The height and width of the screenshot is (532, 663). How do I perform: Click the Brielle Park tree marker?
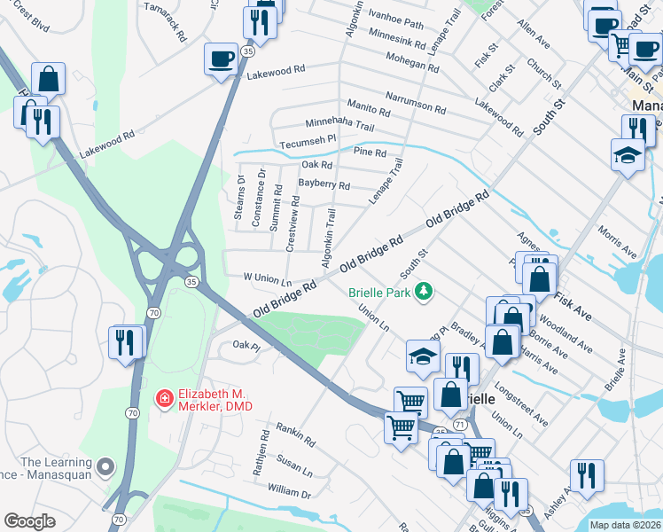click(x=425, y=292)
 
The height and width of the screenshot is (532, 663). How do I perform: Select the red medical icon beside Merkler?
click(x=164, y=400)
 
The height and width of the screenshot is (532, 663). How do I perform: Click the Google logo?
click(x=29, y=522)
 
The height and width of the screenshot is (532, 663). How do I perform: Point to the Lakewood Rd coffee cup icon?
click(x=220, y=60)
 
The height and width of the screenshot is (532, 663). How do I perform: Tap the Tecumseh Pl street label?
click(x=308, y=139)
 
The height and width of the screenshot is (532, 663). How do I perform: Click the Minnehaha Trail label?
click(x=339, y=124)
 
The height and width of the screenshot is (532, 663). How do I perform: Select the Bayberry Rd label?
click(x=324, y=185)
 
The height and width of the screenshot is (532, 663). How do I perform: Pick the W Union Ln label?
click(x=268, y=278)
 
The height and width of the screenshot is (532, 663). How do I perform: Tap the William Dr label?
click(x=290, y=491)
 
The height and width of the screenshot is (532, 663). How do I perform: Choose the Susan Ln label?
click(x=294, y=463)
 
